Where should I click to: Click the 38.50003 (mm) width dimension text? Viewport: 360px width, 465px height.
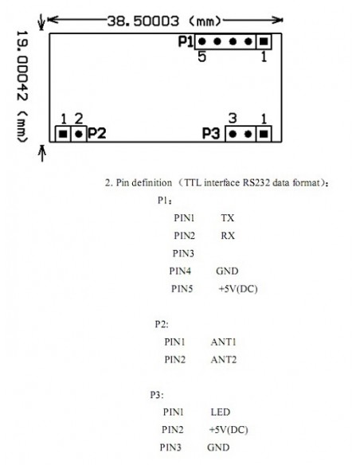point(164,21)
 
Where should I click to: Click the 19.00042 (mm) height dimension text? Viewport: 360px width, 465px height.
point(22,86)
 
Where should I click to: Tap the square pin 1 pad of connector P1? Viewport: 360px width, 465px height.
point(264,41)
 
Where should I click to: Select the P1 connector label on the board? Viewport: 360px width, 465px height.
point(186,41)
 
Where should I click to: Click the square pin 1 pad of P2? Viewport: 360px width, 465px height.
point(63,134)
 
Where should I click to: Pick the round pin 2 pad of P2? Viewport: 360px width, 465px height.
point(79,134)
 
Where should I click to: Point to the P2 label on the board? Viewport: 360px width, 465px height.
point(96,134)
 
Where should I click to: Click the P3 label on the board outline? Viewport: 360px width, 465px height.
point(211,134)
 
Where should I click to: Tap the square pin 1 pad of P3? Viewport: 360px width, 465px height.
point(264,134)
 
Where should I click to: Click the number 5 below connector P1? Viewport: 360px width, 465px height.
point(202,57)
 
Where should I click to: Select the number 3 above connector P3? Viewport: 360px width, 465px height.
point(233,119)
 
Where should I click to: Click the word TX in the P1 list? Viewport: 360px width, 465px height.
point(228,218)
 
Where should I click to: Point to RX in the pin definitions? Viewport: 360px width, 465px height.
point(228,236)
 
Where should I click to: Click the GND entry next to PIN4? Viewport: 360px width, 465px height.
point(227,271)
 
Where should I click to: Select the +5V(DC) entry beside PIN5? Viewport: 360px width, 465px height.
point(238,289)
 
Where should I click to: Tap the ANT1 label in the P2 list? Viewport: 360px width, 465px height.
point(224,342)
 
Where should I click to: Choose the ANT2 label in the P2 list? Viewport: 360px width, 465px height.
point(224,360)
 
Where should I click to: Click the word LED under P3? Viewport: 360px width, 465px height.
point(221,412)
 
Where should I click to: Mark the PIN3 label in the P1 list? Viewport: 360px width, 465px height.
point(183,253)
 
